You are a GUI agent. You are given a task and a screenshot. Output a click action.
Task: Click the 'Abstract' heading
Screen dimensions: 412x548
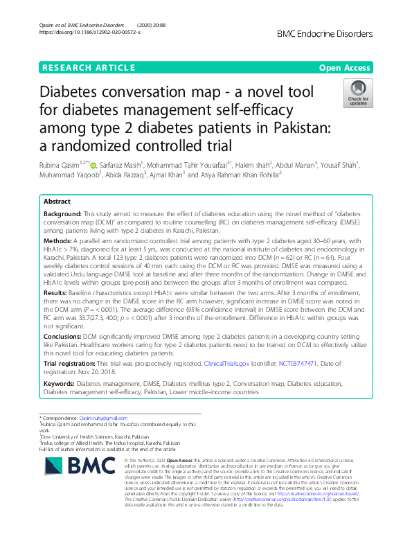pos(57,201)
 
